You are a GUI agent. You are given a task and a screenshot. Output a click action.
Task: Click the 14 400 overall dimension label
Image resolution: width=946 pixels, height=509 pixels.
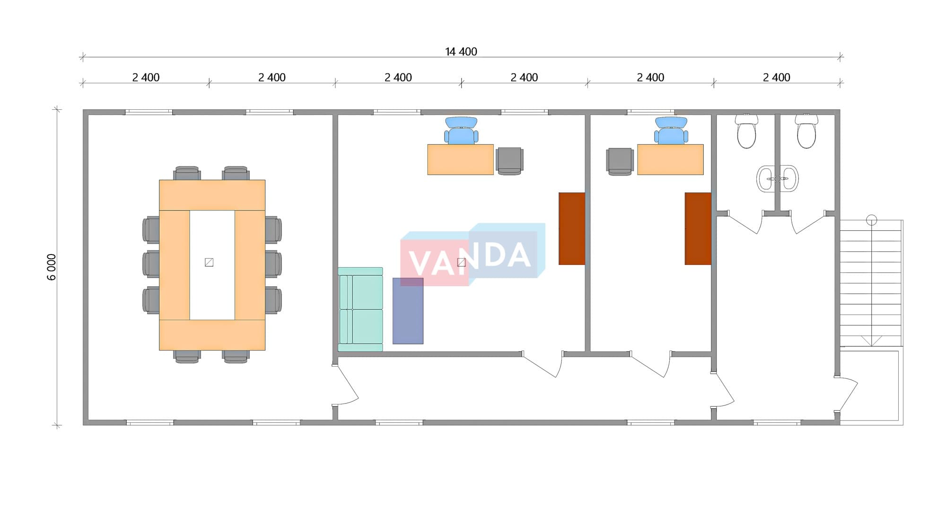click(x=461, y=52)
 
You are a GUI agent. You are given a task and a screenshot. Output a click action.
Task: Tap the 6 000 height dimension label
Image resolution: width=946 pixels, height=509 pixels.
click(x=52, y=267)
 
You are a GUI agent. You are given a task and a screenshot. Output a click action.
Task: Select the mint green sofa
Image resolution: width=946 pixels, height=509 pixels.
click(x=360, y=309)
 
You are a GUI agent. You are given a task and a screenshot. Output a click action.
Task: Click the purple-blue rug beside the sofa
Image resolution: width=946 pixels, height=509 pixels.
click(x=408, y=311)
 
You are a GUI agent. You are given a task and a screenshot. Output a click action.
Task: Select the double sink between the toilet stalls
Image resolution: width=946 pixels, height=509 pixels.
click(x=777, y=179)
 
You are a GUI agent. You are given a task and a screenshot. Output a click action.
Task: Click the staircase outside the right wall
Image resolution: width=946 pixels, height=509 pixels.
click(x=871, y=284)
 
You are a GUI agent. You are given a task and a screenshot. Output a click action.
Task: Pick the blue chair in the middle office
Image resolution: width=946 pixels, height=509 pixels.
click(x=461, y=131)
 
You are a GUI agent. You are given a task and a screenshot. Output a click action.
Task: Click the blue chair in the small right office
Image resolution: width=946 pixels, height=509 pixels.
click(x=671, y=131)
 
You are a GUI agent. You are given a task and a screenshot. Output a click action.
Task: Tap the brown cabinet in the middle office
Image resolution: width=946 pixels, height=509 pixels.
click(x=572, y=228)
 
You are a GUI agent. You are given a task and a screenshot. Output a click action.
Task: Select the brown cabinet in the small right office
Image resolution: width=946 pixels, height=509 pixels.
click(x=698, y=228)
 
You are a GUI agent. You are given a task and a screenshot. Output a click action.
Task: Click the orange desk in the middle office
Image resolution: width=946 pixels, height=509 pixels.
click(x=460, y=159)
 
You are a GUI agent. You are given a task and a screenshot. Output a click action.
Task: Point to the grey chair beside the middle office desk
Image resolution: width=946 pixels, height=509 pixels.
click(x=509, y=161)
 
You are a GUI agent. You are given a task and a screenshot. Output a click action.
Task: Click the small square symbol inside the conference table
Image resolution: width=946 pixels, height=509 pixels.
click(x=209, y=262)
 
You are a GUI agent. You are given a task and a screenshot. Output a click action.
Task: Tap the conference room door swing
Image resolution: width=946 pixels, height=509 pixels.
click(x=345, y=386)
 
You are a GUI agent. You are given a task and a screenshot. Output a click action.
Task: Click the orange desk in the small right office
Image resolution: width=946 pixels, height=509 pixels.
click(x=670, y=159)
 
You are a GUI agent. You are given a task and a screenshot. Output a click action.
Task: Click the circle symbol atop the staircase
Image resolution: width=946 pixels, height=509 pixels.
click(x=871, y=220)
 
